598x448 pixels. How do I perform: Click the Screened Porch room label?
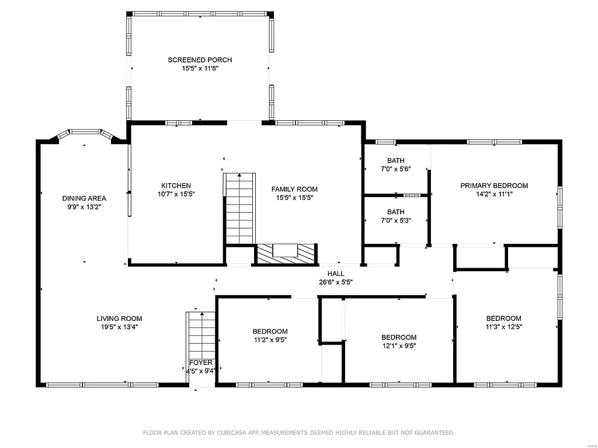pyautogui.click(x=200, y=60)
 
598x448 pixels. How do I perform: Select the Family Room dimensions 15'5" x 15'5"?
pyautogui.click(x=294, y=197)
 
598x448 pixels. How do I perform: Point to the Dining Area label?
pyautogui.click(x=84, y=198)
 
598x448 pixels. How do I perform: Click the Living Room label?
pyautogui.click(x=119, y=318)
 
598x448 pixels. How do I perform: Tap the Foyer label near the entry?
pyautogui.click(x=200, y=363)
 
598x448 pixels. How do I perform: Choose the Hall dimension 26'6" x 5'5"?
pyautogui.click(x=335, y=282)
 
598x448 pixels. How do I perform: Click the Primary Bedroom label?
pyautogui.click(x=493, y=186)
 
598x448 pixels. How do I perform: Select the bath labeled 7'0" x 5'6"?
pyautogui.click(x=395, y=165)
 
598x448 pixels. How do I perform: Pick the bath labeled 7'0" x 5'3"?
pyautogui.click(x=395, y=216)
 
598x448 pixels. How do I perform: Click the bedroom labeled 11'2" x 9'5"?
pyautogui.click(x=270, y=335)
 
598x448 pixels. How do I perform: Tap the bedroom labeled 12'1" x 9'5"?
pyautogui.click(x=398, y=341)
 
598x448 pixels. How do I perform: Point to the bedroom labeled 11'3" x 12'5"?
pyautogui.click(x=503, y=323)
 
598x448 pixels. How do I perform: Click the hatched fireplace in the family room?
pyautogui.click(x=286, y=253)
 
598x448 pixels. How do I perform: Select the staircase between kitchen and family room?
pyautogui.click(x=239, y=208)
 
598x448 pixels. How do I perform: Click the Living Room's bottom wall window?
pyautogui.click(x=103, y=384)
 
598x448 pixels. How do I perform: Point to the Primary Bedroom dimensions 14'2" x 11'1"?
pyautogui.click(x=493, y=194)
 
